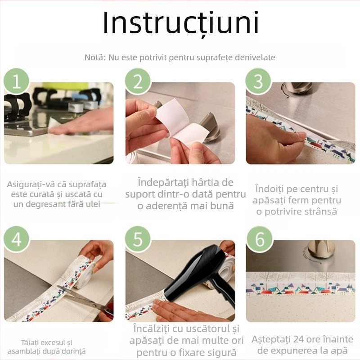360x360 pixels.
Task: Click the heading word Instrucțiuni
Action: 181,23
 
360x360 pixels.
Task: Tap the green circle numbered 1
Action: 17,81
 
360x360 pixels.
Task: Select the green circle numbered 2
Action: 138,81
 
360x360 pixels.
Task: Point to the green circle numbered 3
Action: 258,81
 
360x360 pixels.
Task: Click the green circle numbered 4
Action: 17,239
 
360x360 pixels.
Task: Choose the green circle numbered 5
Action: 138,239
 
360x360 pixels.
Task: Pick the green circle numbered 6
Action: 260,239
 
